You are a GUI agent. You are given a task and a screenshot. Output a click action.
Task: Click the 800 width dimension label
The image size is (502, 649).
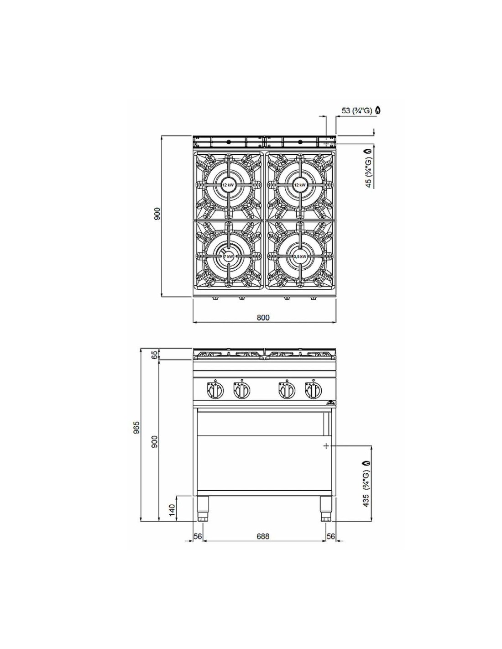point(263,317)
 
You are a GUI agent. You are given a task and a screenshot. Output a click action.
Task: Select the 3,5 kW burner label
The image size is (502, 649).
point(300,256)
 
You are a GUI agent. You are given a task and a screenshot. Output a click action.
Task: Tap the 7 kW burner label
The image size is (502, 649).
point(229,256)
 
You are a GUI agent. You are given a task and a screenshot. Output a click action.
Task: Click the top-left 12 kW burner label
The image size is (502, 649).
point(228,185)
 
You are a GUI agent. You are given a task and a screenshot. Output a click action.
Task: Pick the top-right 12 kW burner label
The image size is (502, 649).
point(300,185)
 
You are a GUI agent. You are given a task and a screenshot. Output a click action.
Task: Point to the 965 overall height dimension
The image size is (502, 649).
point(137,428)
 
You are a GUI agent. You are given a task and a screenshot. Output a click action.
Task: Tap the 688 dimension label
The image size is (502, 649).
point(263,536)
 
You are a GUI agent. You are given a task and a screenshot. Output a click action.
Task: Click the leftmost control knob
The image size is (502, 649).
point(215,390)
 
